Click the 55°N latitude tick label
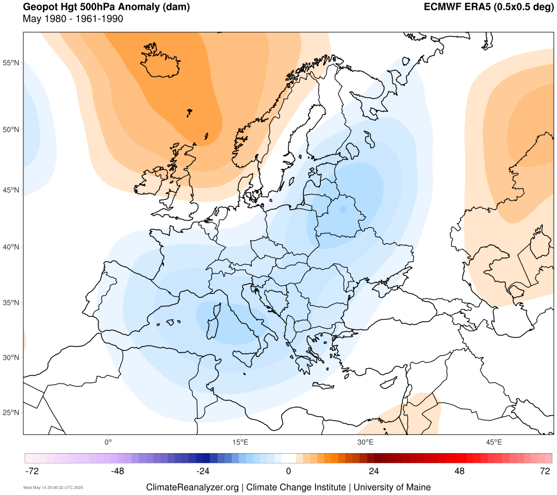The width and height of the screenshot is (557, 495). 11,63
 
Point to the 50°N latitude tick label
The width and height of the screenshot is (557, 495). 11,130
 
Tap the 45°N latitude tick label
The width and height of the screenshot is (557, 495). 11,190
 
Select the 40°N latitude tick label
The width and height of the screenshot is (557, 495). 11,247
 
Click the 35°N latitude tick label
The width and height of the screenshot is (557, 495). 11,303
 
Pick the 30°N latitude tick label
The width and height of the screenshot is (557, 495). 11,358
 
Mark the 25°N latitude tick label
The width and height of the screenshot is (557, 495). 11,412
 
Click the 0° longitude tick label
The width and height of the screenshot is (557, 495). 108,442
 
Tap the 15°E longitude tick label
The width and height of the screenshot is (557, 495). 240,442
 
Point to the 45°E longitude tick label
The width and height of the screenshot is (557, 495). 494,442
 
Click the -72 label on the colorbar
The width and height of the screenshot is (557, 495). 33,471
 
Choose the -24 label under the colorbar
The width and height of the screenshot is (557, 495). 202,471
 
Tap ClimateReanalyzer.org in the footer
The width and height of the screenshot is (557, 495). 192,487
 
